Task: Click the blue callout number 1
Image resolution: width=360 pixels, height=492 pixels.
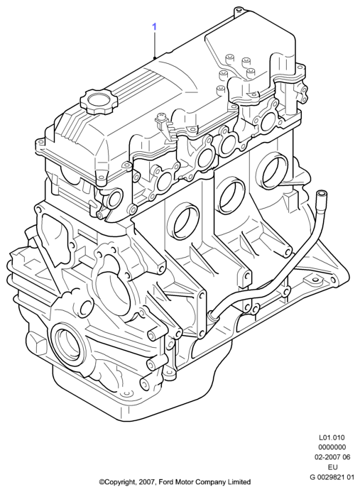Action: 154,27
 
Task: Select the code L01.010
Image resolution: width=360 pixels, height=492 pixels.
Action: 332,437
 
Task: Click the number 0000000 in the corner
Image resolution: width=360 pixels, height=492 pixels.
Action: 332,447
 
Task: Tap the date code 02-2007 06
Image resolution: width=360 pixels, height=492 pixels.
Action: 332,457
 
